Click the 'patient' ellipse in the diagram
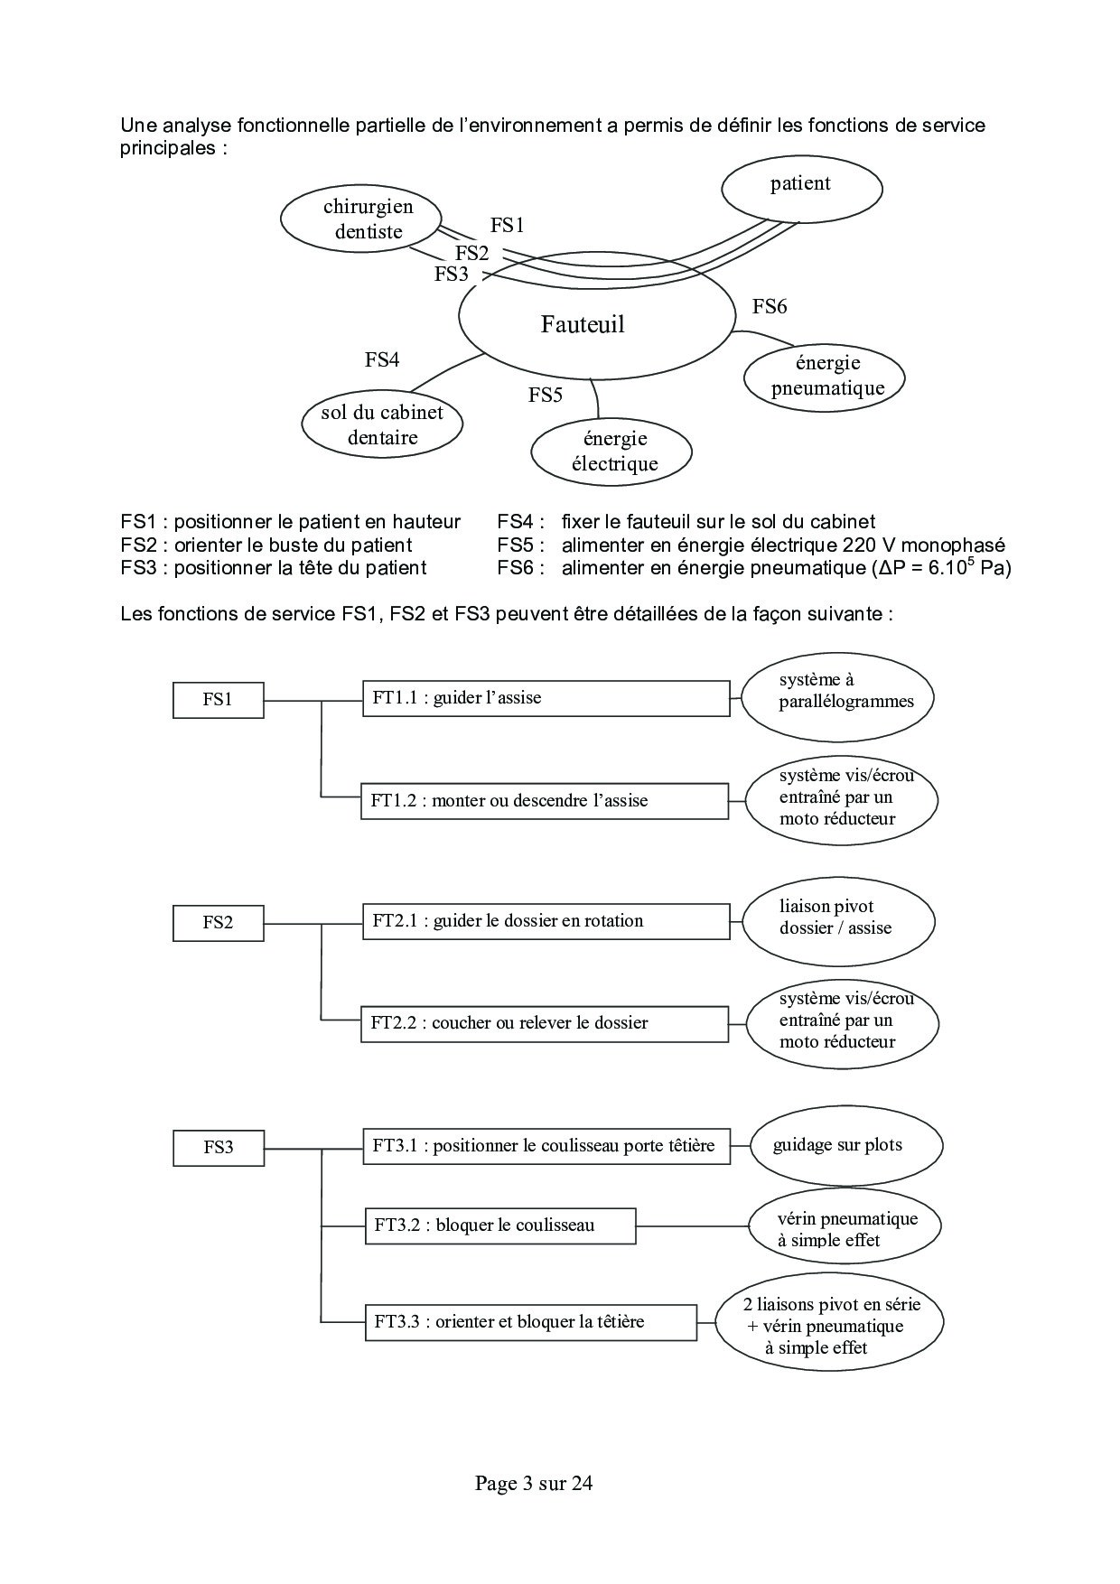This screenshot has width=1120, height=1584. tap(801, 187)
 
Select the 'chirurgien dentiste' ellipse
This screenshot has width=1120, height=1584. tap(361, 219)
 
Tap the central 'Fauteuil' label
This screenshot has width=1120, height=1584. tap(583, 324)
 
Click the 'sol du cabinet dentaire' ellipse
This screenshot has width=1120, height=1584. tap(382, 425)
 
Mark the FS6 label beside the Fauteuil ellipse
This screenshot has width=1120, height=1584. tap(770, 307)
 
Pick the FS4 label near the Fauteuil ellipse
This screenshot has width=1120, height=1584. tap(382, 359)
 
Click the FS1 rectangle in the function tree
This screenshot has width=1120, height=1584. tap(218, 700)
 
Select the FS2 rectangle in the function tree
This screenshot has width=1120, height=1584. tap(218, 923)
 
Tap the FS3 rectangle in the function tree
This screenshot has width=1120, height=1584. tap(218, 1147)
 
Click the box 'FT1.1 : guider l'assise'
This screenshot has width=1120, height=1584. tap(546, 698)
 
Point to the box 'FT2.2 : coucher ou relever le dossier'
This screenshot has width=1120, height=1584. tap(544, 1023)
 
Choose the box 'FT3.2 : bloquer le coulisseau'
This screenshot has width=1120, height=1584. tap(499, 1225)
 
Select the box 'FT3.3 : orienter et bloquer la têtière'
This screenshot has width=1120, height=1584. tap(530, 1322)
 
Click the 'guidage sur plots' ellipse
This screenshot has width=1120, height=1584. tap(845, 1146)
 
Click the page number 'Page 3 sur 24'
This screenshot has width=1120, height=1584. tap(534, 1483)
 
